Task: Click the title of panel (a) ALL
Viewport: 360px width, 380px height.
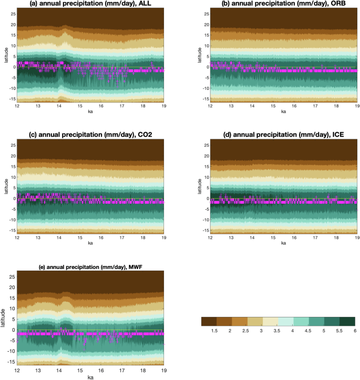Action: [x=91, y=4]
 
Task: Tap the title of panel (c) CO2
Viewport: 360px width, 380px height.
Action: [x=91, y=136]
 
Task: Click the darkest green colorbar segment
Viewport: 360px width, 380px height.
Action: [x=347, y=321]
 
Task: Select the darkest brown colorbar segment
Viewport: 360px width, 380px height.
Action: [x=209, y=321]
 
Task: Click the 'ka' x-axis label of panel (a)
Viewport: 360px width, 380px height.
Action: [x=91, y=111]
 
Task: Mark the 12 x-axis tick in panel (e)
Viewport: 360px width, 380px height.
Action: [x=17, y=369]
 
